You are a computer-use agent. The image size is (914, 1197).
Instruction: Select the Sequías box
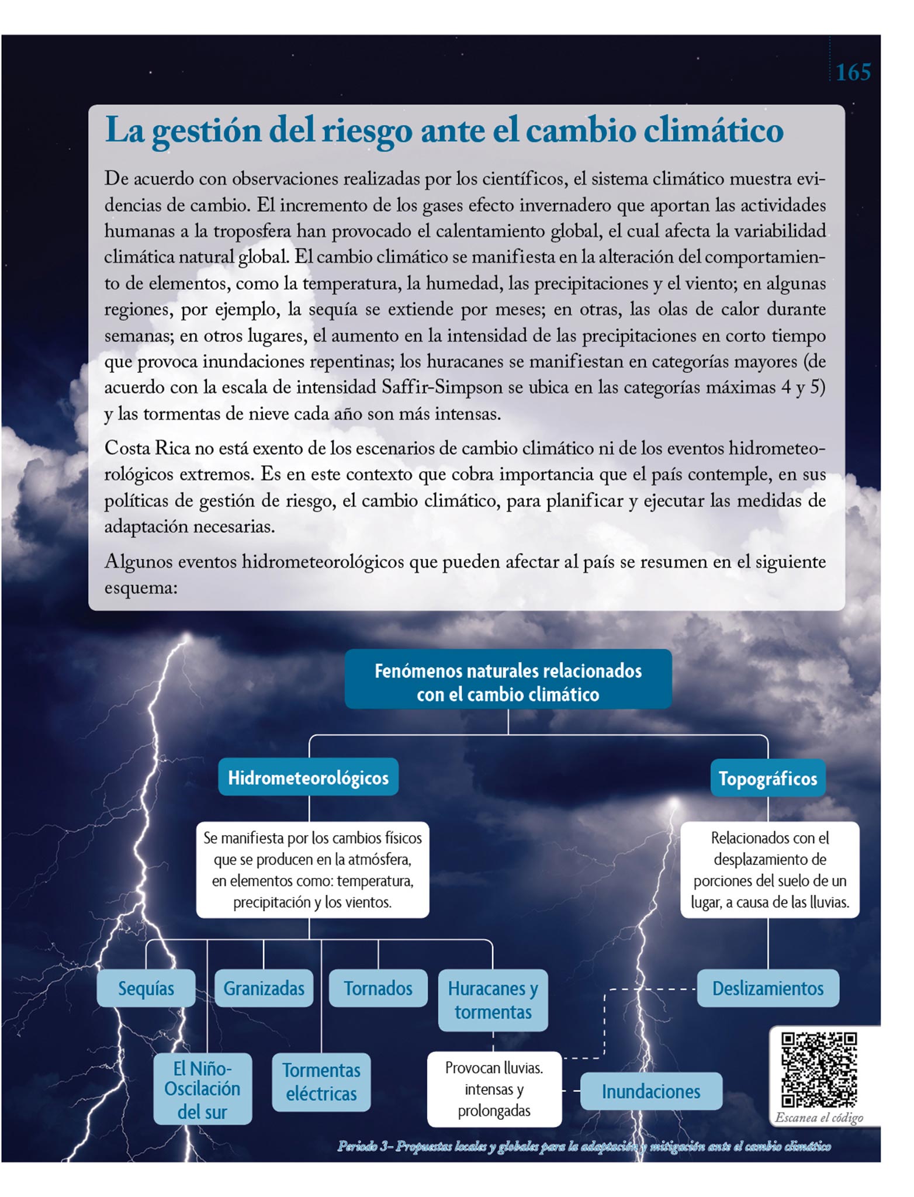click(x=146, y=988)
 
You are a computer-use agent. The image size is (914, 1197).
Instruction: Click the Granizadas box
click(x=264, y=988)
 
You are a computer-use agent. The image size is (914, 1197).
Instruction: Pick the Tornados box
click(x=378, y=988)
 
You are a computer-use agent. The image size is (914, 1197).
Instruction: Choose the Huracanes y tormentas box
click(x=493, y=1000)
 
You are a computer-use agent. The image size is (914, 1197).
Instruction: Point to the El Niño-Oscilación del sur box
click(x=202, y=1089)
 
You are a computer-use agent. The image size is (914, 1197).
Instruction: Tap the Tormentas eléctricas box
click(x=321, y=1082)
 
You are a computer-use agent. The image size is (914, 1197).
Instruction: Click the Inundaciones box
click(x=650, y=1091)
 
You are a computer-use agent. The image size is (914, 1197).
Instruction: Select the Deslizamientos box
click(x=767, y=988)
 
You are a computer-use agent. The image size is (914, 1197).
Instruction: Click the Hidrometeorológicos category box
click(x=308, y=777)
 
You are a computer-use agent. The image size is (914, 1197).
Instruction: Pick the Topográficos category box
click(x=767, y=779)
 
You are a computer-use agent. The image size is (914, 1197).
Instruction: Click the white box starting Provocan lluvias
click(x=494, y=1089)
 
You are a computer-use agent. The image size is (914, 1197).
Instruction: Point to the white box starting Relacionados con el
click(x=770, y=870)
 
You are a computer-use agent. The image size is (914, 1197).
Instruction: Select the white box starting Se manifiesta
click(x=312, y=870)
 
